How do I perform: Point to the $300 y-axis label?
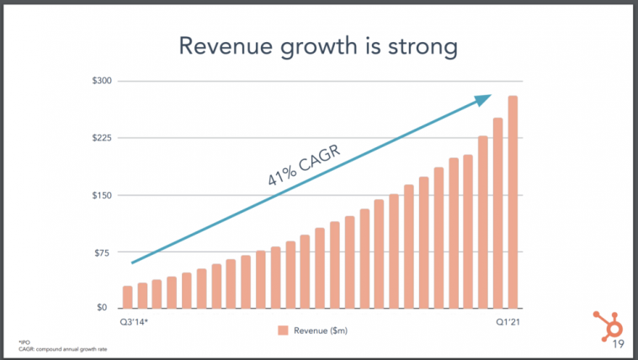click(x=100, y=81)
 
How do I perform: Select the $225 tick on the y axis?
click(x=100, y=138)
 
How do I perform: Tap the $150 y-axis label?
click(x=100, y=195)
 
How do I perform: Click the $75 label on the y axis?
click(x=102, y=252)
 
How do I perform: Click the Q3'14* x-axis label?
click(x=134, y=320)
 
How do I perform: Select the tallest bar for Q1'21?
click(x=513, y=202)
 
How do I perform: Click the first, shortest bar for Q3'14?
click(x=127, y=297)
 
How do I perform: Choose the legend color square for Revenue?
click(x=284, y=330)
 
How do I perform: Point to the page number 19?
click(x=617, y=345)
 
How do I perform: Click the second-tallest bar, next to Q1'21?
click(x=497, y=213)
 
